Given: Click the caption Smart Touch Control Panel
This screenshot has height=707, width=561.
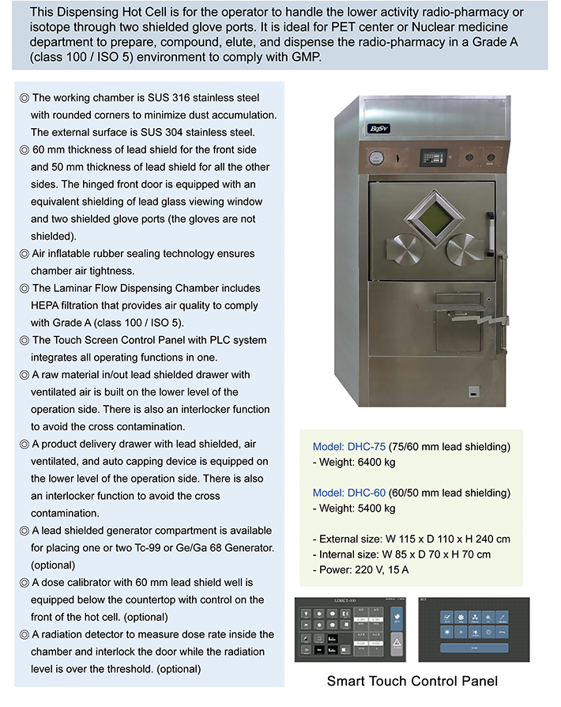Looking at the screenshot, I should [x=412, y=681].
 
